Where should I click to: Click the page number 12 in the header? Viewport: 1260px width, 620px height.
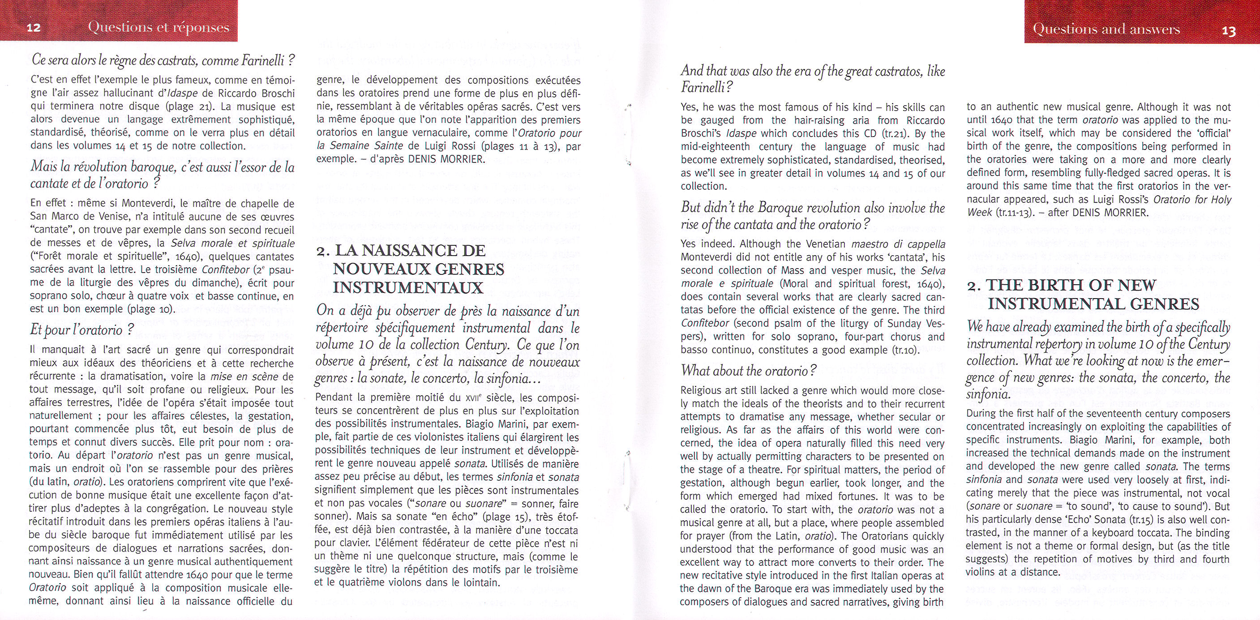click(33, 28)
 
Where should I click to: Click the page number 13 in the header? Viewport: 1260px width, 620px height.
click(1229, 31)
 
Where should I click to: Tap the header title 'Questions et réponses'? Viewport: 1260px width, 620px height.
click(159, 27)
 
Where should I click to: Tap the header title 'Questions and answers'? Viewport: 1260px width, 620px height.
click(1106, 30)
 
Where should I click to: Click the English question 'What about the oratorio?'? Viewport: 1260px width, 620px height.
click(748, 371)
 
